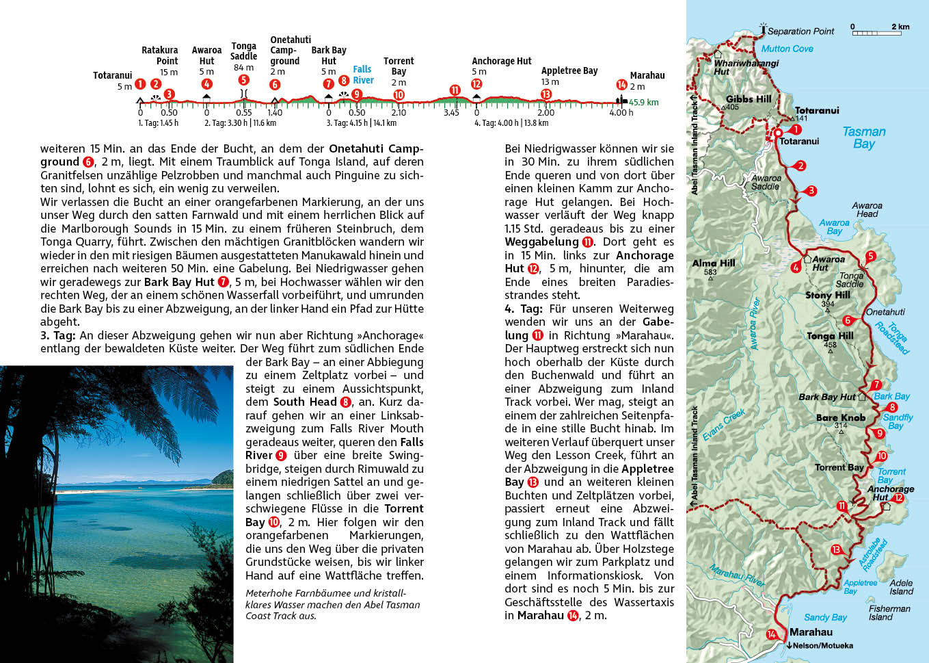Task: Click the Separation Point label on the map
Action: (800, 31)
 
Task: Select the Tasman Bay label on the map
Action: (863, 138)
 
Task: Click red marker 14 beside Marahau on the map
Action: (772, 634)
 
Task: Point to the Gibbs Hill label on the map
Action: (749, 99)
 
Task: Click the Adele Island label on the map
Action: (900, 587)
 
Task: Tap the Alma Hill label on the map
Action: (713, 263)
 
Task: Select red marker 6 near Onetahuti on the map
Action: (848, 320)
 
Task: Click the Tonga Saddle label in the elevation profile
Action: (243, 51)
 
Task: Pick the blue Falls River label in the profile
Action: (363, 75)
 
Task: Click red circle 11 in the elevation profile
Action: (455, 90)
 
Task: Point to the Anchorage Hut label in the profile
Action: (501, 61)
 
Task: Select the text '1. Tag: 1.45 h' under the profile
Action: (158, 123)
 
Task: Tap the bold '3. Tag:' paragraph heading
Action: (58, 335)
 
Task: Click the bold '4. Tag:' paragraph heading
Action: (523, 309)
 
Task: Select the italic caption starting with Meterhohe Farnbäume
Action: (332, 604)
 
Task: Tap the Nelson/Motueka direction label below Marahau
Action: (822, 645)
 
